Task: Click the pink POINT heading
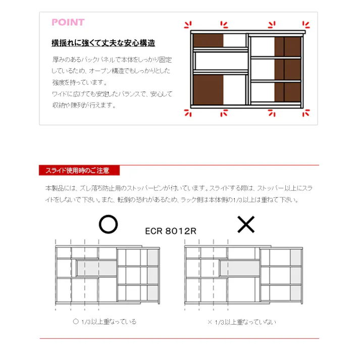tap(68, 22)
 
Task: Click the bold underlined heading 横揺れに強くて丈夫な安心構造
tap(104, 43)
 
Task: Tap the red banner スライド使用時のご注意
tap(77, 170)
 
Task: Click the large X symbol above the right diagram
tap(246, 225)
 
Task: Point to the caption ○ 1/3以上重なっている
tap(105, 321)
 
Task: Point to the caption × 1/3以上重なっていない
tap(242, 322)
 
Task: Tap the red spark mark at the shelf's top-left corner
tap(188, 24)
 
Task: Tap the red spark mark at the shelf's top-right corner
tap(305, 24)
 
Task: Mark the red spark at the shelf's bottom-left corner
tap(188, 114)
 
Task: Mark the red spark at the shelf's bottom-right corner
tap(305, 114)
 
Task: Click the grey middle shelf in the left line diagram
tap(96, 268)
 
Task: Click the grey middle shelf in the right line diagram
tap(239, 268)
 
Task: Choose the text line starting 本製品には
tap(178, 188)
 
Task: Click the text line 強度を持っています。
tap(79, 82)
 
